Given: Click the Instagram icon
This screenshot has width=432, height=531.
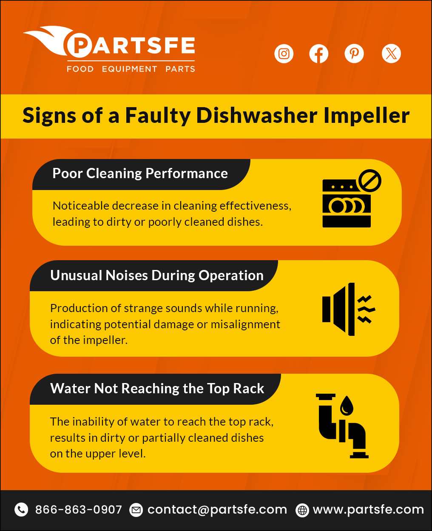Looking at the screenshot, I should (284, 54).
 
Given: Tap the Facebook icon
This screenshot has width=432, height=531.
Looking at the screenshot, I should (319, 54).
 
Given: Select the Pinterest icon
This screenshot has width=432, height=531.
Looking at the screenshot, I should (354, 54).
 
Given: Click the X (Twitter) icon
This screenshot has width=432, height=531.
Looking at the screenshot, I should (391, 54).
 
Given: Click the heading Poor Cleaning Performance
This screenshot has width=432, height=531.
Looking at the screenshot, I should (140, 173).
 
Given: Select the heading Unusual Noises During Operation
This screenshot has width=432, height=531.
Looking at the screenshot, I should (156, 275).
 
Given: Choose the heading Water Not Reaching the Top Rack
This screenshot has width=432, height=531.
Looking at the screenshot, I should (157, 389).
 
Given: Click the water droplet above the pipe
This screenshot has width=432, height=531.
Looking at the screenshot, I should (347, 405).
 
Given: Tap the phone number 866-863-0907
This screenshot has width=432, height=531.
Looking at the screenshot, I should (78, 509).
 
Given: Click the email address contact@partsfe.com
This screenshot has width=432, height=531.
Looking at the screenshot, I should (217, 509).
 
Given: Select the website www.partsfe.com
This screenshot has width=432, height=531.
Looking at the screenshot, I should (368, 509).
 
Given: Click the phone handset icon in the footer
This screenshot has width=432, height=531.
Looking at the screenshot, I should (21, 509).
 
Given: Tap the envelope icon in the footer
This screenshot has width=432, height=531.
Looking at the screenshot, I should (136, 509).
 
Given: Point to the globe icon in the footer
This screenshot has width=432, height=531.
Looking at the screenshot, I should (302, 510).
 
